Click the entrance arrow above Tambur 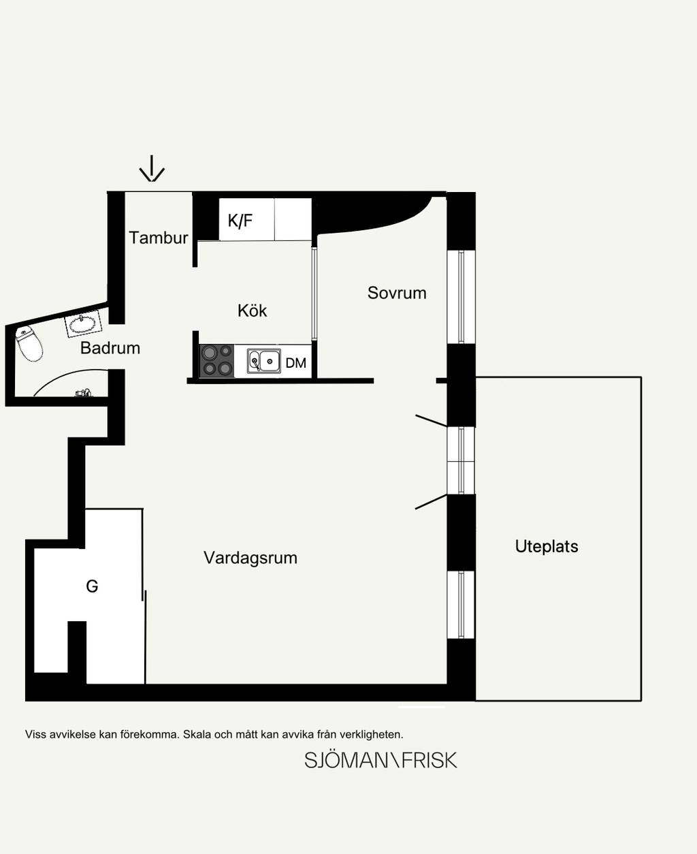(x=152, y=168)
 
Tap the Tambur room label (x=159, y=238)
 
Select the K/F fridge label (x=240, y=221)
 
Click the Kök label (x=252, y=311)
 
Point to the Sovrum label (x=397, y=293)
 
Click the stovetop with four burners (x=216, y=360)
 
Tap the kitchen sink (x=264, y=361)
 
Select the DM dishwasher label (x=296, y=363)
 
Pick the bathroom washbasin (x=83, y=323)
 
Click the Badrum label (x=110, y=348)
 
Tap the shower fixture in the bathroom (x=84, y=392)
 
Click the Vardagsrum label (x=250, y=558)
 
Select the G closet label (x=92, y=586)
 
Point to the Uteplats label (x=547, y=546)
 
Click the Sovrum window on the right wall (x=461, y=297)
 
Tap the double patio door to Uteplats (x=461, y=461)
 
